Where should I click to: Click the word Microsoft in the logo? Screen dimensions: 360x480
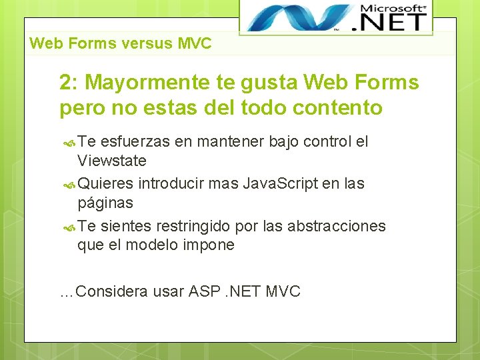tap(393, 8)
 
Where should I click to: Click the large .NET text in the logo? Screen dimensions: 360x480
tap(393, 21)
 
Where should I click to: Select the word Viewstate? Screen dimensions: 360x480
tap(112, 161)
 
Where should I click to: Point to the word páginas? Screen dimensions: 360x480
tap(105, 203)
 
